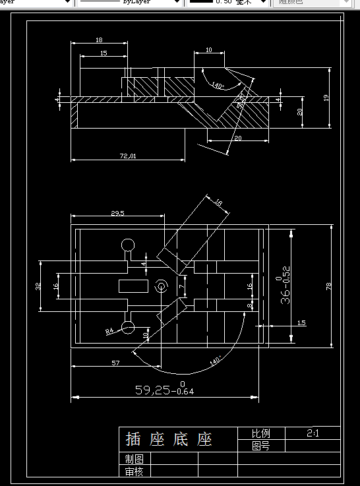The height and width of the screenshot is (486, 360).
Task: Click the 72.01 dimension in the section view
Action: coord(127,156)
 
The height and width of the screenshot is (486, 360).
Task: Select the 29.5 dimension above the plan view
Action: coord(118,213)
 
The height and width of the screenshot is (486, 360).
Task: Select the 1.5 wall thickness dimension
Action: coord(301,322)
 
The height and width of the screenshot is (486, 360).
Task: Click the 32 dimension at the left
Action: coord(38,286)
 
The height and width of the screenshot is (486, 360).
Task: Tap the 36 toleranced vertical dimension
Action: coord(284,287)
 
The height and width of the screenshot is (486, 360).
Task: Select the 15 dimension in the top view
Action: coord(104,53)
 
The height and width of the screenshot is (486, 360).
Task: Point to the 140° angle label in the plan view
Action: coord(216,361)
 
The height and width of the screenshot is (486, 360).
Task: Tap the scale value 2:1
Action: coord(313,433)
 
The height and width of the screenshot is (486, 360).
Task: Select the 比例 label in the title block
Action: coord(260,434)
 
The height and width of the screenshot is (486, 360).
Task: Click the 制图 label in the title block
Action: coord(134,459)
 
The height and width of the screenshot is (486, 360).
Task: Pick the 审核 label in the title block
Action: coord(134,471)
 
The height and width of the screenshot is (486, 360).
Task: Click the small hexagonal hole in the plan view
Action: coord(160,287)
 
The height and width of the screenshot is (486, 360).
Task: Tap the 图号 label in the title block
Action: coord(260,446)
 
